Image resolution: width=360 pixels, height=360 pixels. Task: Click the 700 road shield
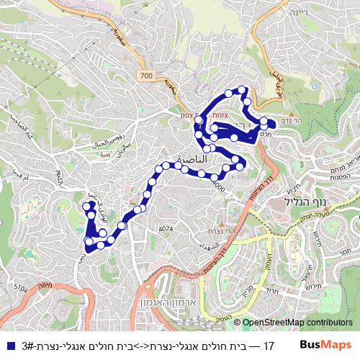click(x=147, y=76)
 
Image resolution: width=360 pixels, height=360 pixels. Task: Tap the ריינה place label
click(x=297, y=12)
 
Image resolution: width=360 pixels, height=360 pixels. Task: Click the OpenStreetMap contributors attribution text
click(x=297, y=323)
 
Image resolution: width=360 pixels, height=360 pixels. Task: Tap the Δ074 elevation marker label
click(x=166, y=228)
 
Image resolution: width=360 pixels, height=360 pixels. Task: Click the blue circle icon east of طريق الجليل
click(x=315, y=86)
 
